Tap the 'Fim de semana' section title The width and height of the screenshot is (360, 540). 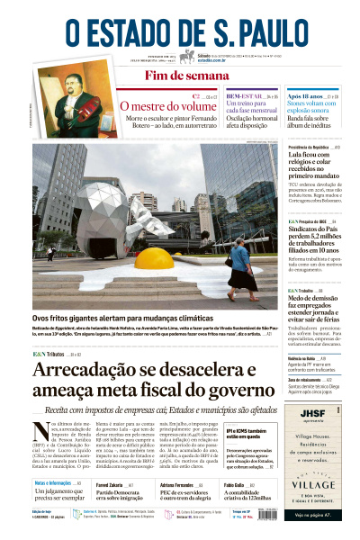click(179, 76)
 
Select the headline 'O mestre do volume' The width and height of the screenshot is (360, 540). click(168, 106)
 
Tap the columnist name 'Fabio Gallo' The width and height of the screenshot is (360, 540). click(237, 485)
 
